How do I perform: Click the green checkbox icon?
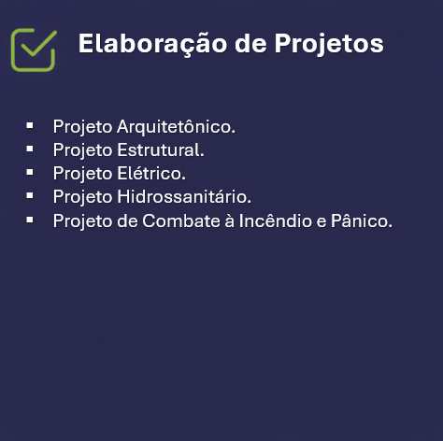pos(34,48)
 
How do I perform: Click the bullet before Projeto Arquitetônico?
pos(31,124)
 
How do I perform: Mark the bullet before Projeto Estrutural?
pos(31,148)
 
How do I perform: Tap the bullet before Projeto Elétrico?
pos(31,172)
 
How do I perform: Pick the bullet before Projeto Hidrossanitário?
pos(31,195)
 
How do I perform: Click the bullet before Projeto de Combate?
pos(31,220)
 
